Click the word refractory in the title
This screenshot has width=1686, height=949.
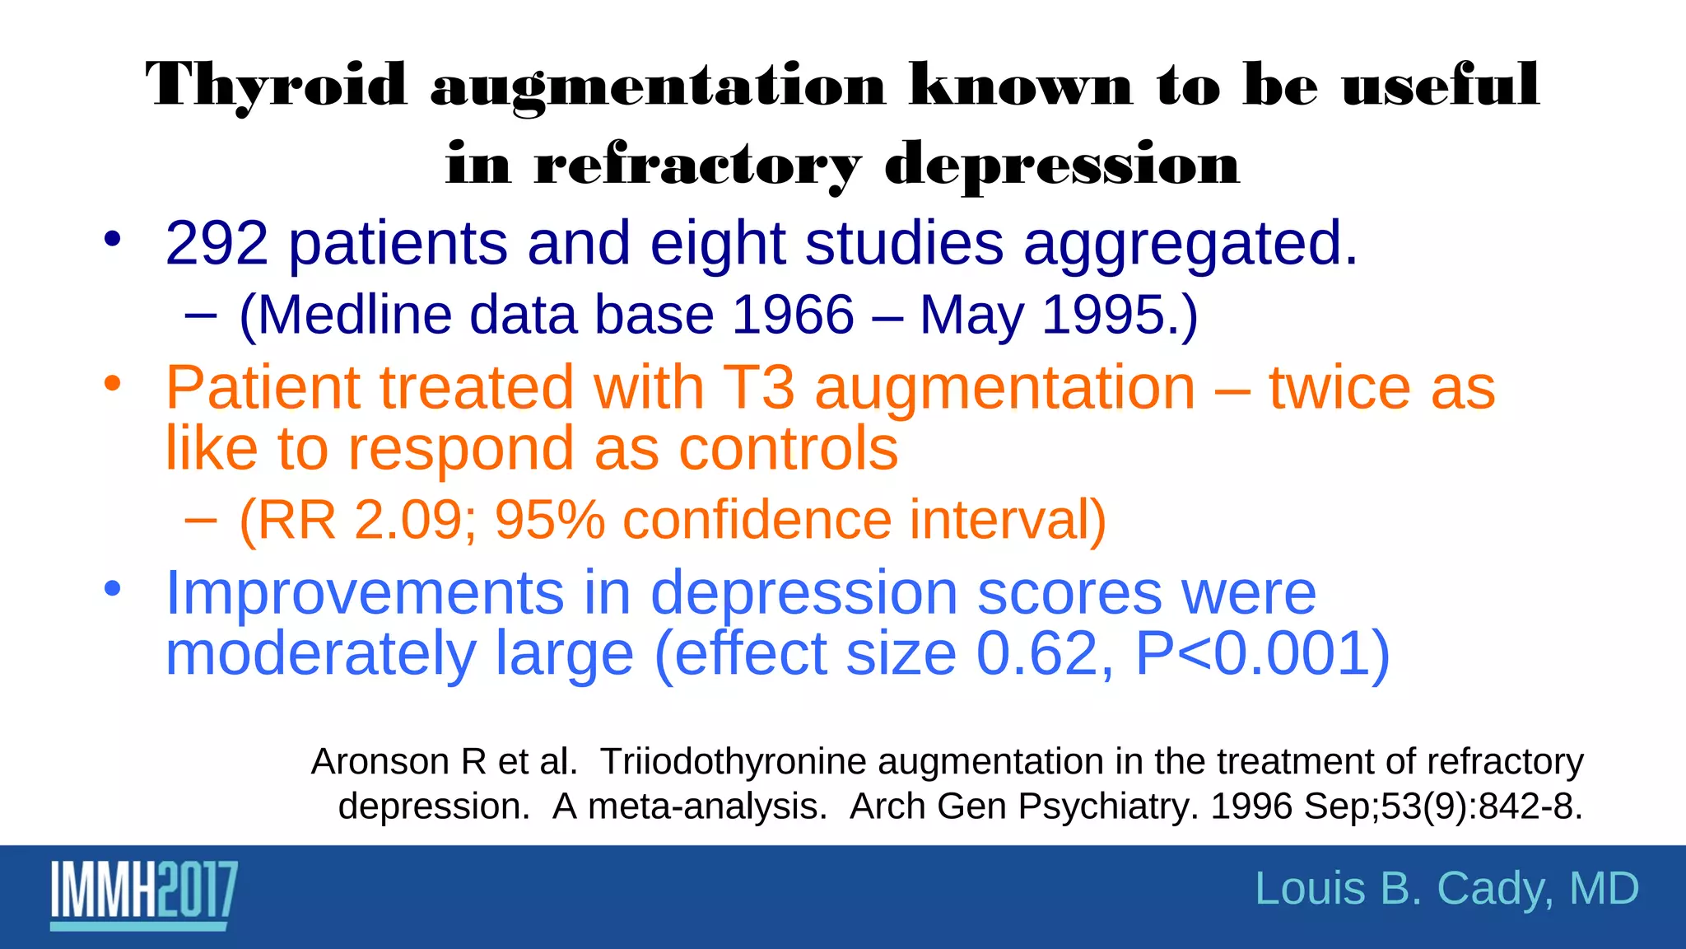[x=698, y=166]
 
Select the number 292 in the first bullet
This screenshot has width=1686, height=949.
[x=217, y=244]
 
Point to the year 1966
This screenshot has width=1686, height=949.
[x=793, y=316]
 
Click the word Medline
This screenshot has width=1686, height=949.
[x=356, y=316]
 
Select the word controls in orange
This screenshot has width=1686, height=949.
[x=788, y=449]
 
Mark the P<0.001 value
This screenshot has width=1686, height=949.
[x=1262, y=654]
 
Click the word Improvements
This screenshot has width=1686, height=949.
[x=365, y=593]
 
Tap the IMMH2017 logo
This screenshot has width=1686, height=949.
[x=144, y=895]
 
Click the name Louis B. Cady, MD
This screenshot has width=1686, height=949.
[x=1446, y=890]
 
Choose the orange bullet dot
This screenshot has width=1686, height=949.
[x=113, y=384]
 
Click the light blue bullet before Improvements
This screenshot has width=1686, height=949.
[x=113, y=589]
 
